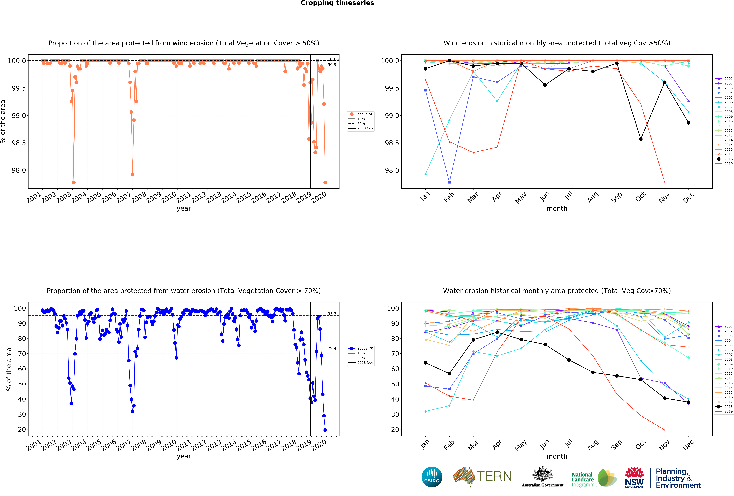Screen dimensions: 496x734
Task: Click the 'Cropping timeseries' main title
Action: coord(337,3)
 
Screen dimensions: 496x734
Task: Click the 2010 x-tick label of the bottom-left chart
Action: coord(169,445)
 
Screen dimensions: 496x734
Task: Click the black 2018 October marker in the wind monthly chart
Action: coord(641,139)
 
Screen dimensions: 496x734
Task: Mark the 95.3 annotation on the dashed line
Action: coord(332,314)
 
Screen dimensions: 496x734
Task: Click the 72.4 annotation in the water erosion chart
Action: coord(332,348)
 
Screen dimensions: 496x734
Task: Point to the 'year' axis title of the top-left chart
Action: coord(184,209)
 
